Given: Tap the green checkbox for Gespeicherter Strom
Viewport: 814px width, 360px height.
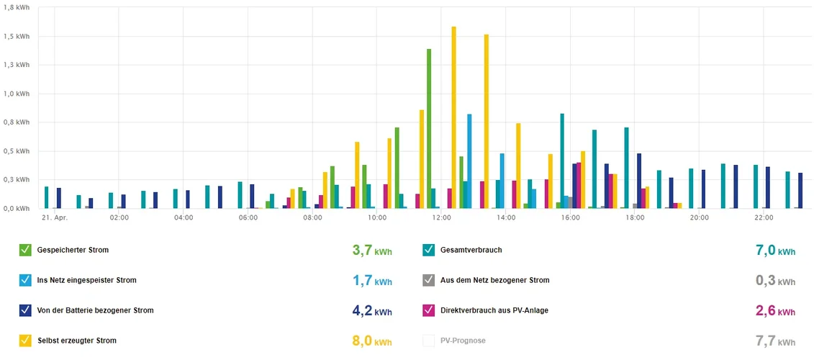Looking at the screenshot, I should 25,250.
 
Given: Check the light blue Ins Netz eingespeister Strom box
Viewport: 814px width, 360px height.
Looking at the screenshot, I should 25,280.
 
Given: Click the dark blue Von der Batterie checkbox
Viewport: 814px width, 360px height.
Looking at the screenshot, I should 25,310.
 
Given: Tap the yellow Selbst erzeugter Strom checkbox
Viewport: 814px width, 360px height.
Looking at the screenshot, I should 25,341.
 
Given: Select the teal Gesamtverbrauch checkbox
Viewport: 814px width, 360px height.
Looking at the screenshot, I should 429,250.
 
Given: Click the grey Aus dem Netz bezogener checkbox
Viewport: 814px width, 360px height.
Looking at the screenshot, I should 429,280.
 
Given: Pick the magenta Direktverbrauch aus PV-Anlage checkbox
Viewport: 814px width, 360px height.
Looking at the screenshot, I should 429,310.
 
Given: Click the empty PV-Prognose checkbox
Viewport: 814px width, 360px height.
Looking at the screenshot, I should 429,341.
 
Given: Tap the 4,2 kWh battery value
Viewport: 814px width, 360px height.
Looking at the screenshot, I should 372,311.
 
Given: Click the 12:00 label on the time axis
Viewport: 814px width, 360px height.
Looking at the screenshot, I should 441,217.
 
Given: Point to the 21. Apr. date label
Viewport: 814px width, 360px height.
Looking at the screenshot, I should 55,217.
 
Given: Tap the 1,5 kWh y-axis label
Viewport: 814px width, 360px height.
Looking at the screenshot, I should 17,37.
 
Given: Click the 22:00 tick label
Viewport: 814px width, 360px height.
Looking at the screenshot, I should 764,217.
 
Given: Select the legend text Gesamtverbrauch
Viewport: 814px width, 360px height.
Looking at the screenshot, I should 471,251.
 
